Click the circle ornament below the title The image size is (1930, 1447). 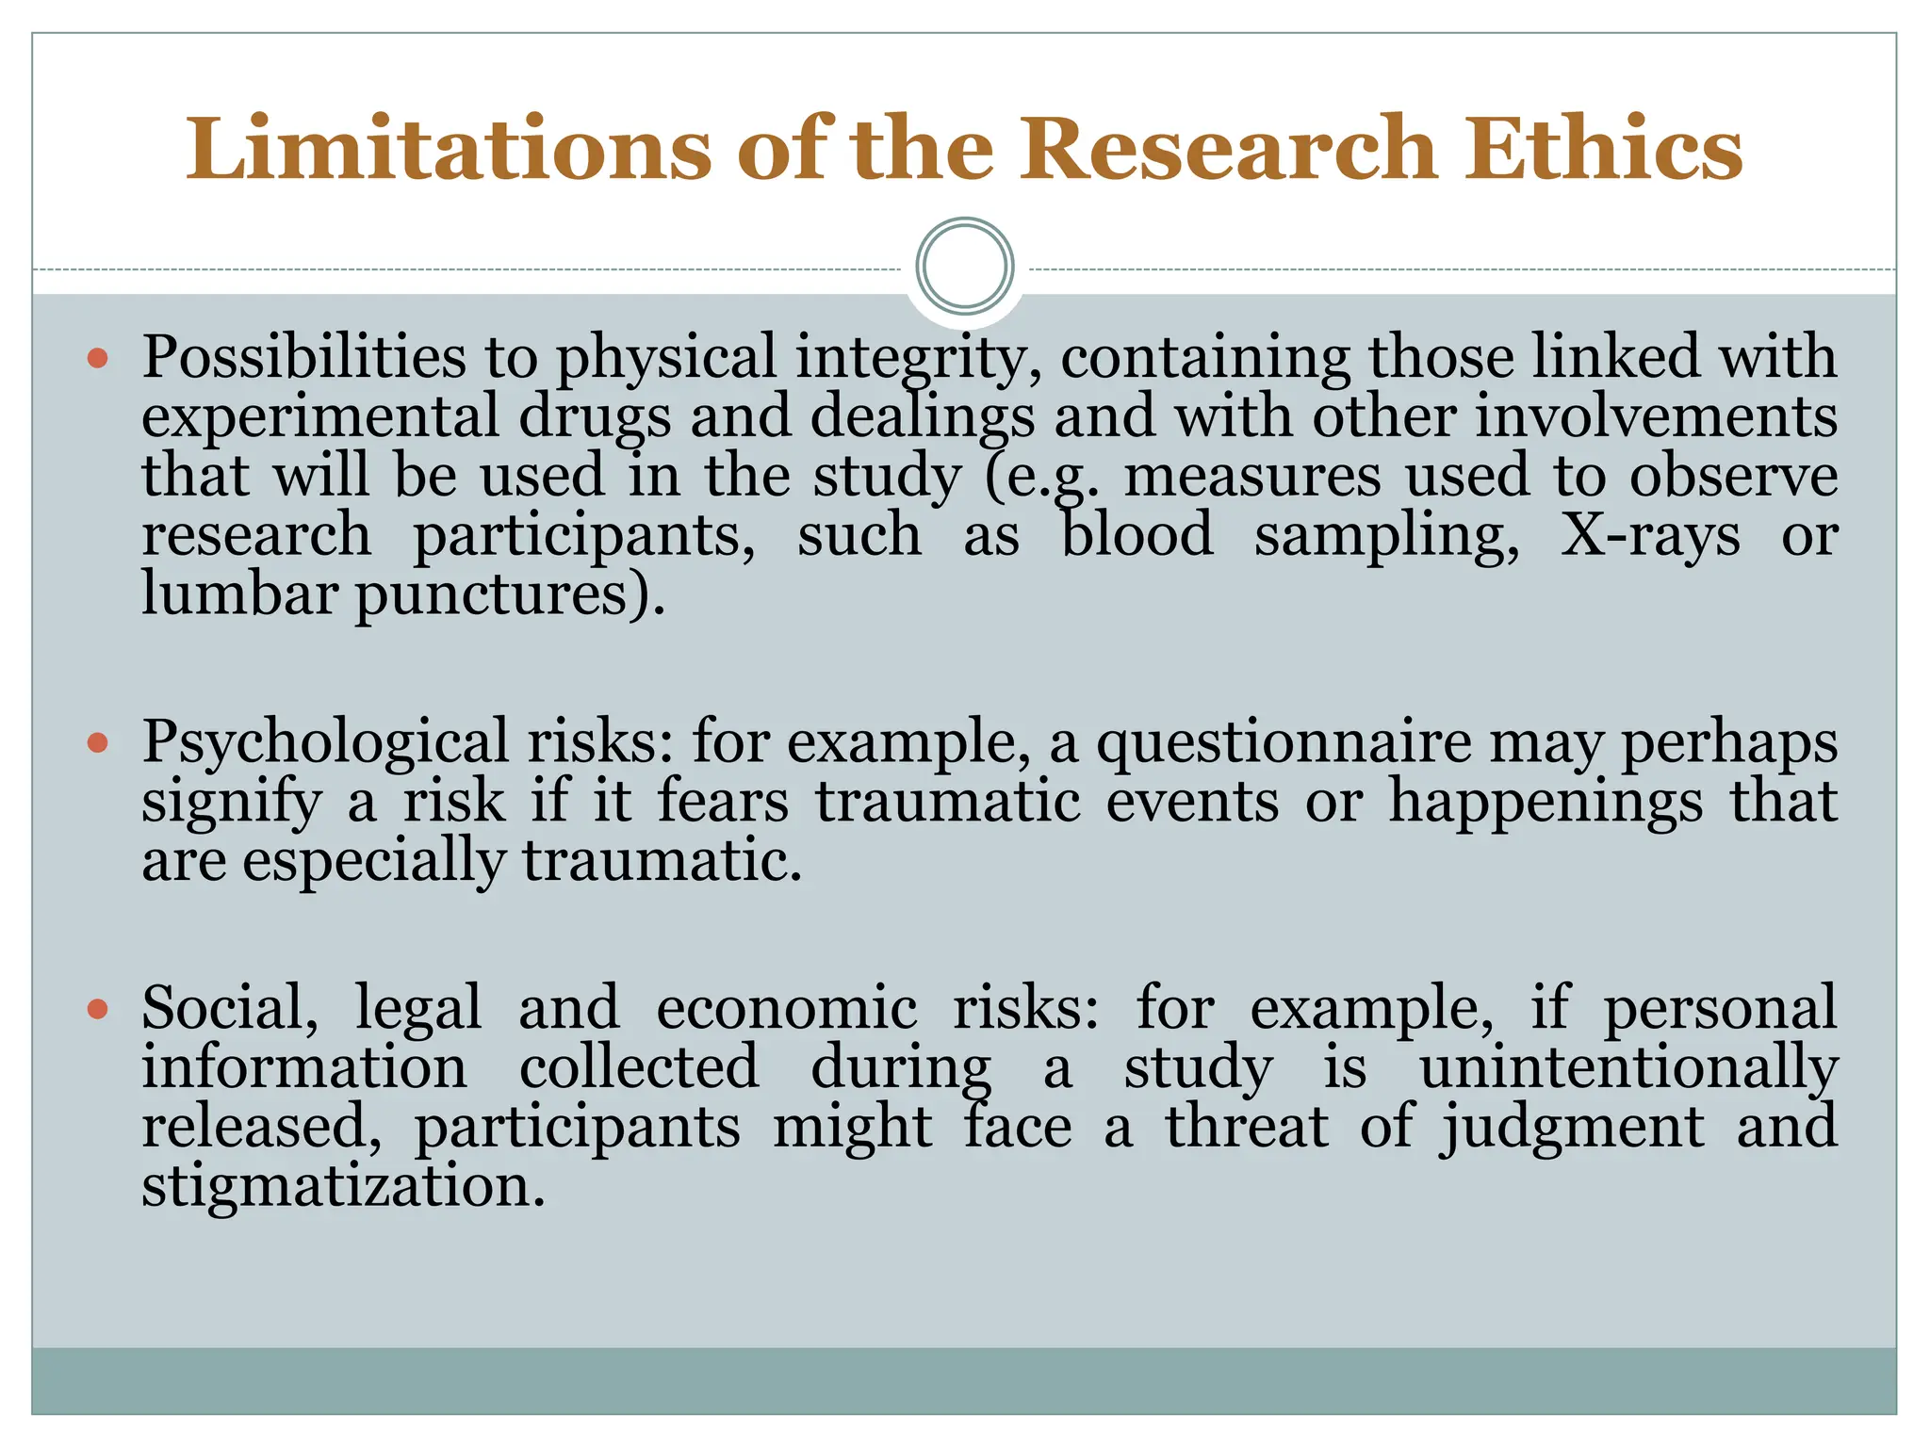(965, 267)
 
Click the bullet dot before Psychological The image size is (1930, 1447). (98, 743)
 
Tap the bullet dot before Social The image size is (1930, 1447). (98, 1010)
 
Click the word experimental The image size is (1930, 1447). (320, 417)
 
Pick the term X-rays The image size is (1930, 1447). (1650, 536)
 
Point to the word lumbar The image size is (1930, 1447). (239, 595)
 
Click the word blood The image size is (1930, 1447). (1137, 536)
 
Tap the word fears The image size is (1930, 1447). (723, 803)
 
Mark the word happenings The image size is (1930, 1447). (1546, 803)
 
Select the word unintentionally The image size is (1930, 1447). (1628, 1068)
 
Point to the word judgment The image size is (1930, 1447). (1573, 1128)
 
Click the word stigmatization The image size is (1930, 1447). (344, 1187)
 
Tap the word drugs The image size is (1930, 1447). (596, 417)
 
